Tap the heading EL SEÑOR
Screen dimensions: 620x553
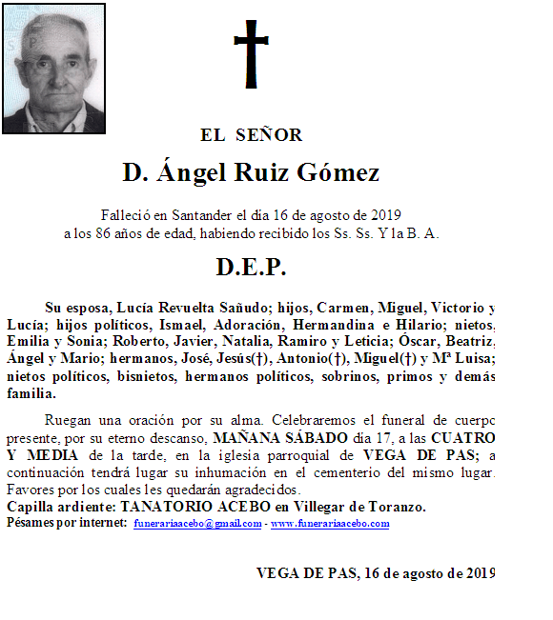[x=252, y=135]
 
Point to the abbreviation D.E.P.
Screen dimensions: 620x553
[x=252, y=267]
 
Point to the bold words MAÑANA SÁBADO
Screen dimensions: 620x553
[x=268, y=438]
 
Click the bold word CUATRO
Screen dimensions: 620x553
[x=463, y=438]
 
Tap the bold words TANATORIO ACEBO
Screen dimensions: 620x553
[x=180, y=507]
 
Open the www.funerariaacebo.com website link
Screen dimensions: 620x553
[x=330, y=524]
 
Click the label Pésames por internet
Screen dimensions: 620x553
[x=67, y=524]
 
